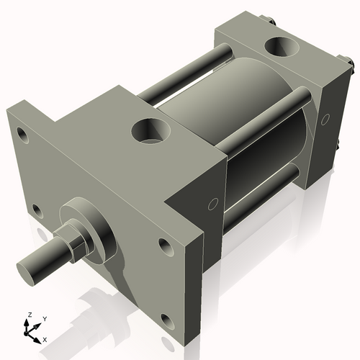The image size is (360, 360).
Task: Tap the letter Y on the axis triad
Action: point(44,318)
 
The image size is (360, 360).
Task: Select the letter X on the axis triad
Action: point(45,338)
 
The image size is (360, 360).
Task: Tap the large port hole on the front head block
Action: point(150,132)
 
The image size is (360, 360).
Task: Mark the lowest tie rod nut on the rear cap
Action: point(338,148)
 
